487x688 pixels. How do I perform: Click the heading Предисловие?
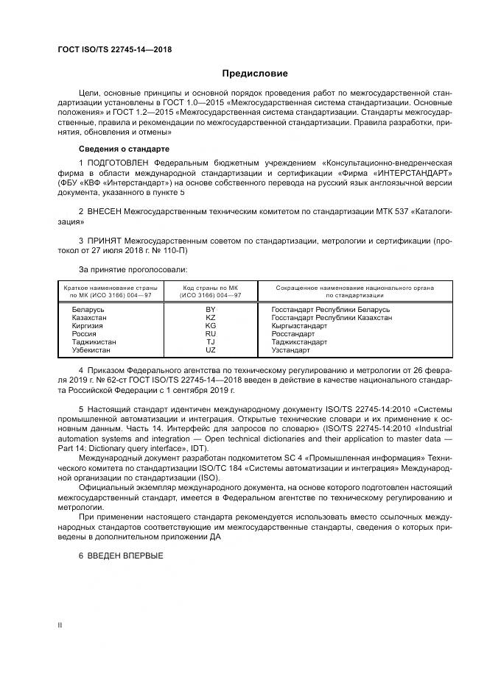click(x=255, y=74)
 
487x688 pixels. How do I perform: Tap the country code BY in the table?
click(x=210, y=310)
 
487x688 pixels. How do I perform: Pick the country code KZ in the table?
click(x=210, y=318)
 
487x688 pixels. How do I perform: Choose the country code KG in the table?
click(x=210, y=326)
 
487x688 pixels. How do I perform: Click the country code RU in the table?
click(x=210, y=334)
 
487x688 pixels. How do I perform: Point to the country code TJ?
click(x=210, y=342)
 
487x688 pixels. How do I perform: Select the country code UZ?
click(x=210, y=350)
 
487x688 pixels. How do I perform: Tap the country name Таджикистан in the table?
click(x=94, y=342)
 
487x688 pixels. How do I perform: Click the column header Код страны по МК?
click(x=210, y=288)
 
